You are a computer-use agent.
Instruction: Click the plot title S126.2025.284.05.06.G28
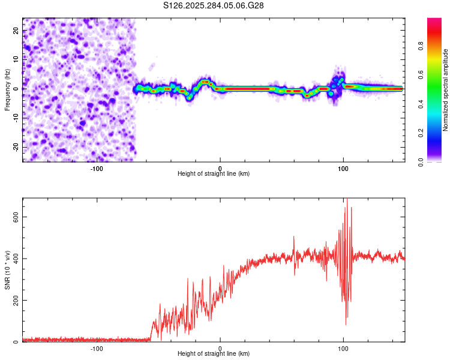[214, 5]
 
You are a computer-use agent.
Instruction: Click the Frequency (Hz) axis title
[7, 89]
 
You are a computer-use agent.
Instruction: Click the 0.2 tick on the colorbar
[437, 133]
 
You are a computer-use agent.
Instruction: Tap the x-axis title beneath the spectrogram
[214, 174]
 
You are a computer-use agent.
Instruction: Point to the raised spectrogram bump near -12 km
[205, 82]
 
